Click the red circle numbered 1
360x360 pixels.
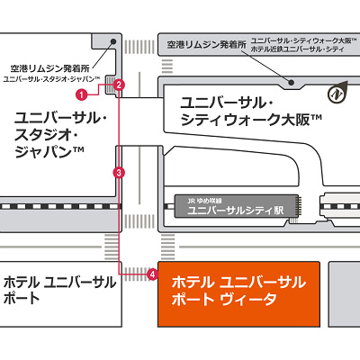(x=81, y=94)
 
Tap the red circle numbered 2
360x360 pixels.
(x=119, y=85)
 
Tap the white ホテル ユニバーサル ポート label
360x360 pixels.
(x=59, y=289)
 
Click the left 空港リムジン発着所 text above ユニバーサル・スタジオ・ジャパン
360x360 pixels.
(x=49, y=67)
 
